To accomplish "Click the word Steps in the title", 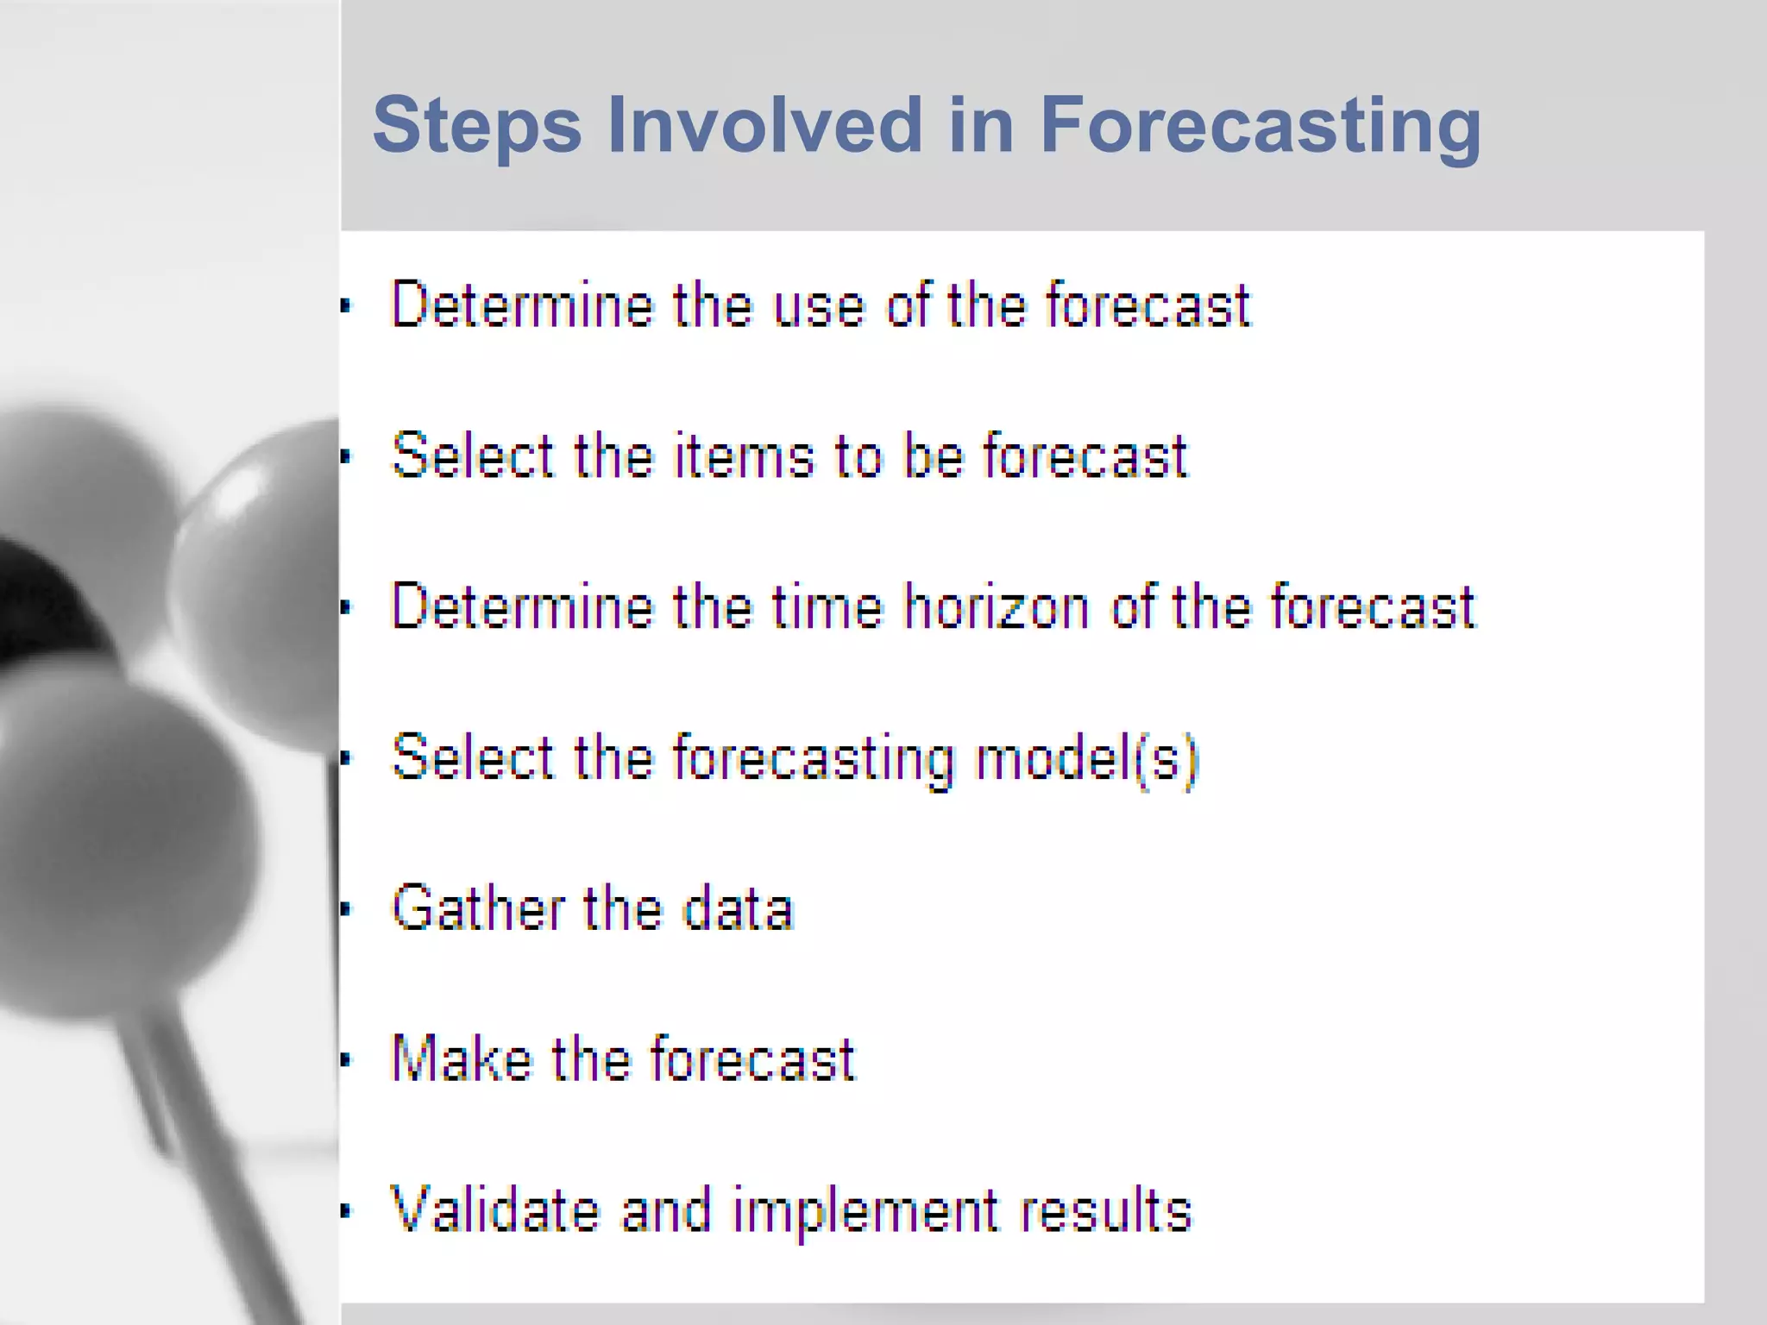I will tap(476, 126).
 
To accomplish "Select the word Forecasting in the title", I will tap(1261, 126).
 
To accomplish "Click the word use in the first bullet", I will tap(818, 305).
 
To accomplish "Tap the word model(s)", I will tap(1087, 758).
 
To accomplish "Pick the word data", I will tap(738, 908).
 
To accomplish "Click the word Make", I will tap(462, 1059).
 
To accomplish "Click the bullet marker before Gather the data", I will tap(346, 909).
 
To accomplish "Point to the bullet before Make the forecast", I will tap(346, 1060).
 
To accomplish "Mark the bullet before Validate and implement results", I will tap(346, 1211).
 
